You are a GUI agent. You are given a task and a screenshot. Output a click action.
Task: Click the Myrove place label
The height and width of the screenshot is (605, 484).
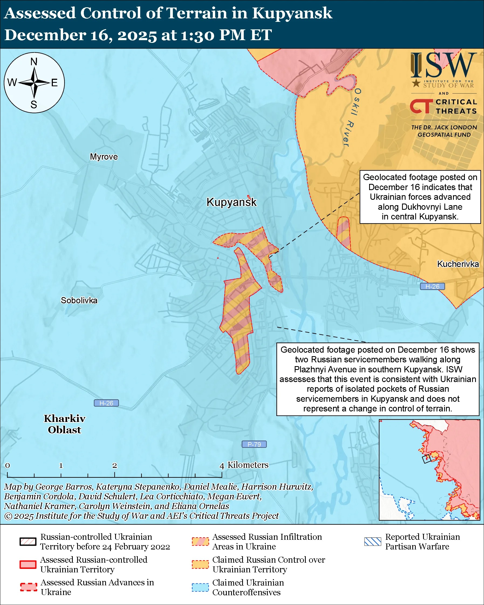(x=104, y=157)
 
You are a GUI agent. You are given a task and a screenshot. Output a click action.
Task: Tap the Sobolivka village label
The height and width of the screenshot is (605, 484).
(x=79, y=300)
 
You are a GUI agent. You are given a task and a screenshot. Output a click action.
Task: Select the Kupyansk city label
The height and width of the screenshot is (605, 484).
(x=231, y=202)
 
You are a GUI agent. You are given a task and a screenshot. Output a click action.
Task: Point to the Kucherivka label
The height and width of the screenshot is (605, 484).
(x=458, y=264)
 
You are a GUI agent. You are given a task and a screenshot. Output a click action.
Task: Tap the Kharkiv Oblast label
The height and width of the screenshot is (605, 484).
(x=64, y=424)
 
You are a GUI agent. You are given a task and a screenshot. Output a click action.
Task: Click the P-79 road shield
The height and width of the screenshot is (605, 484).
(x=254, y=444)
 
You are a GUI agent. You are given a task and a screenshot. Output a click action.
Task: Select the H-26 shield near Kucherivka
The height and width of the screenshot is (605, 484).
(x=432, y=287)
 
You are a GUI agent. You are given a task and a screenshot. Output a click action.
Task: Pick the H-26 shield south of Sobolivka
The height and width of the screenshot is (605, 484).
(x=106, y=403)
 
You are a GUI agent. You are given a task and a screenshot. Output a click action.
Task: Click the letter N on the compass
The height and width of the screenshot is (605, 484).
(x=34, y=61)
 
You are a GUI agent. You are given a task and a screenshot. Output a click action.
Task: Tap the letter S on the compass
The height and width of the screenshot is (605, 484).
(x=34, y=105)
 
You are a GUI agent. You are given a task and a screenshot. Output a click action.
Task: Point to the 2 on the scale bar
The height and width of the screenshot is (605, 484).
(x=115, y=465)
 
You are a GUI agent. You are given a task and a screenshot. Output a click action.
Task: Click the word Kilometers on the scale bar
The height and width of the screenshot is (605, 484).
(x=248, y=465)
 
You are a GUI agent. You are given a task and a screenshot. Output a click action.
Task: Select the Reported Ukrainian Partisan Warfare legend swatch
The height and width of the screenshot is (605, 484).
(x=372, y=542)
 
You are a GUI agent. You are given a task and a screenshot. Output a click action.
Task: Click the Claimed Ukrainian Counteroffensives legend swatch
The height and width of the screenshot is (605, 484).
(x=200, y=587)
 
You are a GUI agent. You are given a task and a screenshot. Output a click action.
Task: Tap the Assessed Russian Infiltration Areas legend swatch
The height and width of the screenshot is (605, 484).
(x=200, y=542)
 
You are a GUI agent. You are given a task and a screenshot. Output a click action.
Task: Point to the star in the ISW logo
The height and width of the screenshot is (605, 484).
(x=416, y=83)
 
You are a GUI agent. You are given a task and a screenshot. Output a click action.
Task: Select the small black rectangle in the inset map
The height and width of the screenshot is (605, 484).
(x=427, y=459)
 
